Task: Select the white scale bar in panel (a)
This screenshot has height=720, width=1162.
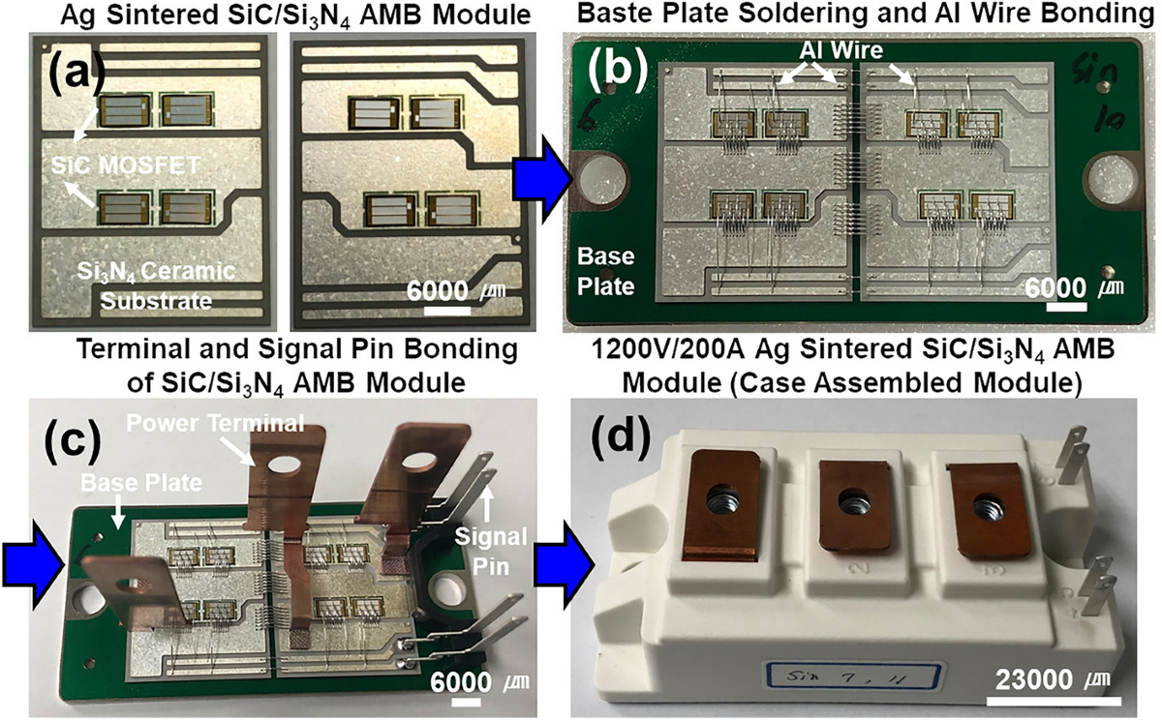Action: click(x=448, y=312)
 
